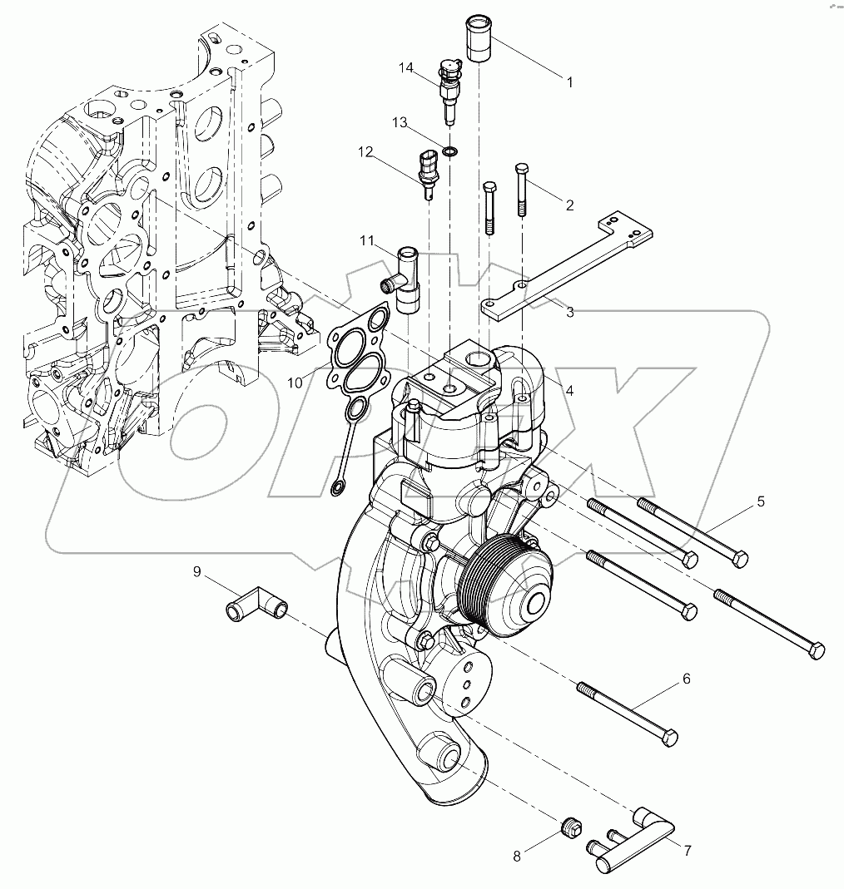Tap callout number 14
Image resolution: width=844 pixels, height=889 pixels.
[405, 68]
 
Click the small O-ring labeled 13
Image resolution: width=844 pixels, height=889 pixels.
[449, 151]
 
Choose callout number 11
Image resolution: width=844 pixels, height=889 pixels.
[367, 241]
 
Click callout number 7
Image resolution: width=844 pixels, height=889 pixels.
[688, 851]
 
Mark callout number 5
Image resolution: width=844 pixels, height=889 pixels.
[760, 501]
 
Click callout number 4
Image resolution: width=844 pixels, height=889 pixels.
[569, 389]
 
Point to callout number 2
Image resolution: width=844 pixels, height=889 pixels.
[569, 205]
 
